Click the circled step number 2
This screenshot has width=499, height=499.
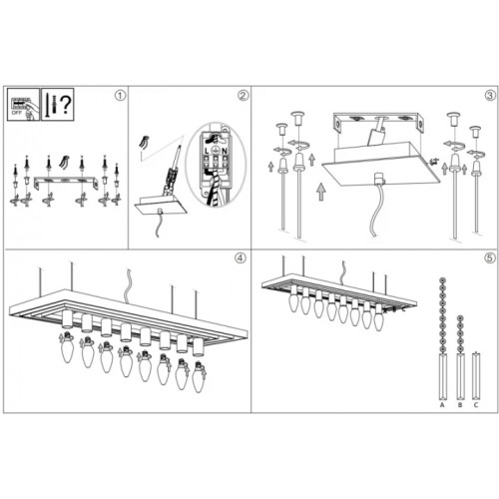coord(243,97)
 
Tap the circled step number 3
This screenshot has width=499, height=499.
coord(489,97)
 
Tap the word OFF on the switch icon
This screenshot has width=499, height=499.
coord(17,115)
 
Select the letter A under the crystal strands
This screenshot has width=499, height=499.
coord(440,406)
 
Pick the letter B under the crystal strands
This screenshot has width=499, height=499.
coord(458,406)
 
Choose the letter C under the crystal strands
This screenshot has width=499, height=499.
coord(476,406)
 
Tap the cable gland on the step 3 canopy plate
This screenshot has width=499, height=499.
coord(379,181)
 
